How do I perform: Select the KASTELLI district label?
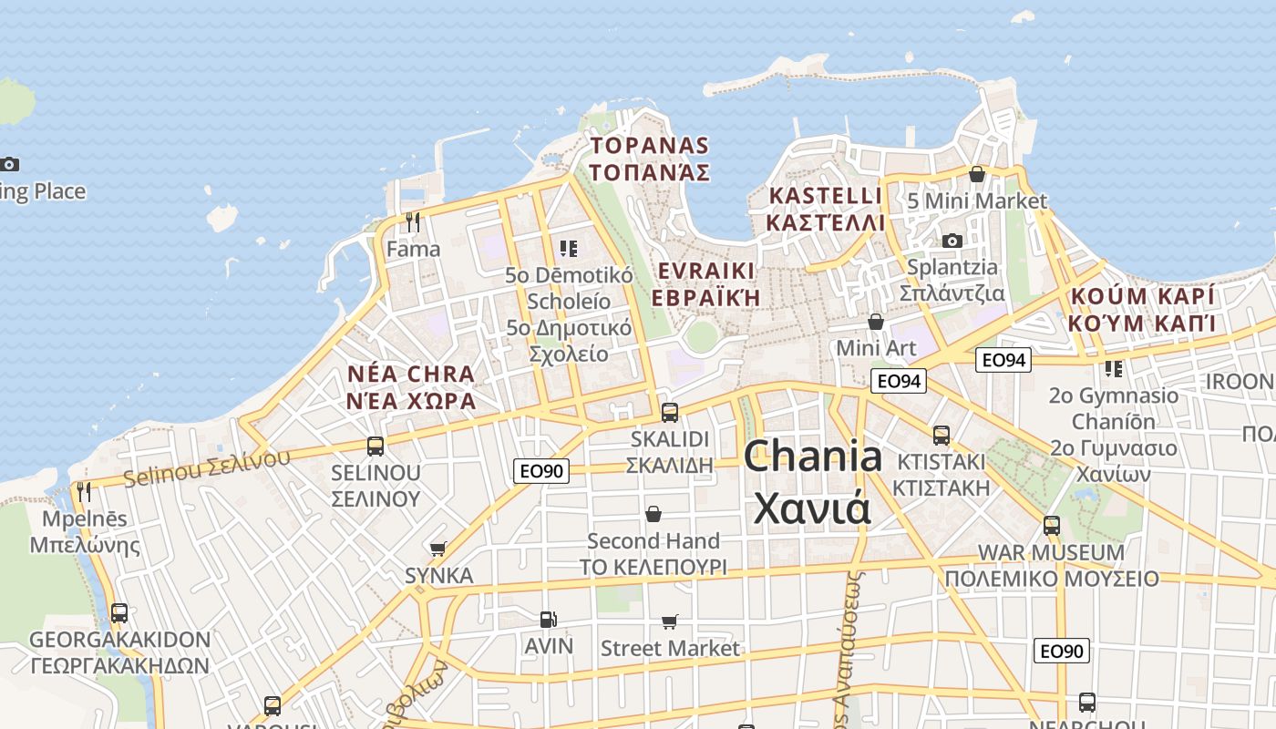826,209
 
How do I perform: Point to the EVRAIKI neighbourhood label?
706,283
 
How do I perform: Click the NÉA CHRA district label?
411,386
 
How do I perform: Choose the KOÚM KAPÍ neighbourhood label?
1143,309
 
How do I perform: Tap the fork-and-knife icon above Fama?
413,221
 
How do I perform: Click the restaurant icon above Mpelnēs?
84,492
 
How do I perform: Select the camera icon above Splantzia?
952,241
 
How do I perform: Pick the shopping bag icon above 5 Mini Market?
977,173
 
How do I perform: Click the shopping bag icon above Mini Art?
876,322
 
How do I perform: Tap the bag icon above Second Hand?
653,514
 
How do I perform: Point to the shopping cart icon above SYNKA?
438,549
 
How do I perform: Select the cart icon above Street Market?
670,621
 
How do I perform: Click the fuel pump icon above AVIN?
548,620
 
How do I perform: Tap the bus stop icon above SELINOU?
376,446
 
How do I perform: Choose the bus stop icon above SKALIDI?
670,412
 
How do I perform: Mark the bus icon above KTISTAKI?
942,435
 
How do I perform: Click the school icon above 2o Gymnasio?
1113,369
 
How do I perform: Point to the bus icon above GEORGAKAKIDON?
119,612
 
